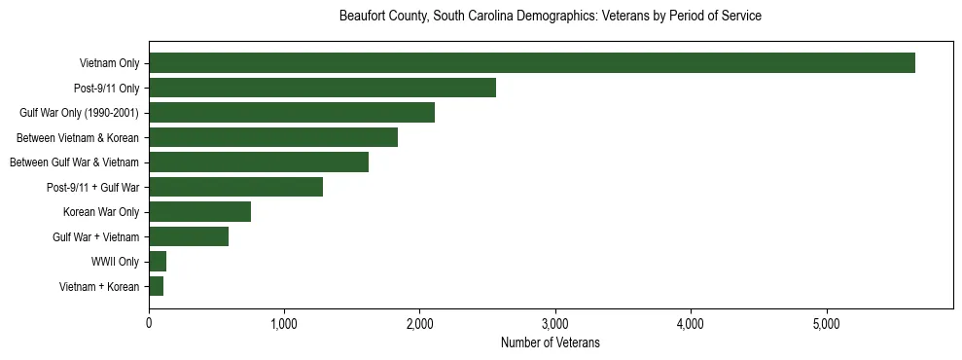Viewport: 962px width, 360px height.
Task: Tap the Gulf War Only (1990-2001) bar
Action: click(x=291, y=113)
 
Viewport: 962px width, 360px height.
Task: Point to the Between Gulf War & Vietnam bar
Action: click(x=258, y=162)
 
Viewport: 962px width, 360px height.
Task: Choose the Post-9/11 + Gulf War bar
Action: click(x=235, y=187)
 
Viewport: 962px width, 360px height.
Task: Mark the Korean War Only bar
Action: click(x=199, y=211)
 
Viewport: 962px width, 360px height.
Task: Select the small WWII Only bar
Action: click(x=158, y=261)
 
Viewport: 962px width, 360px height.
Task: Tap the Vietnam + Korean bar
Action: click(x=156, y=286)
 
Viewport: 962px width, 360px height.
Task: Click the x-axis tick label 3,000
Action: click(x=554, y=323)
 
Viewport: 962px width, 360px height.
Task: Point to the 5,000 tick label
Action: click(x=826, y=323)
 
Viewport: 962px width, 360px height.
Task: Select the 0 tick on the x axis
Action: click(x=149, y=323)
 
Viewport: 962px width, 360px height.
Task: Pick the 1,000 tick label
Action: click(x=284, y=323)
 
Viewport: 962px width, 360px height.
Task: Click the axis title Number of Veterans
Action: click(x=550, y=342)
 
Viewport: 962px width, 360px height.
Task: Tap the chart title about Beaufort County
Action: click(x=550, y=17)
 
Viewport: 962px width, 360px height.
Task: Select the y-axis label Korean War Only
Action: click(x=101, y=212)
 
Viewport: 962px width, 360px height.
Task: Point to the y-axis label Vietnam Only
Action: click(x=109, y=64)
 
